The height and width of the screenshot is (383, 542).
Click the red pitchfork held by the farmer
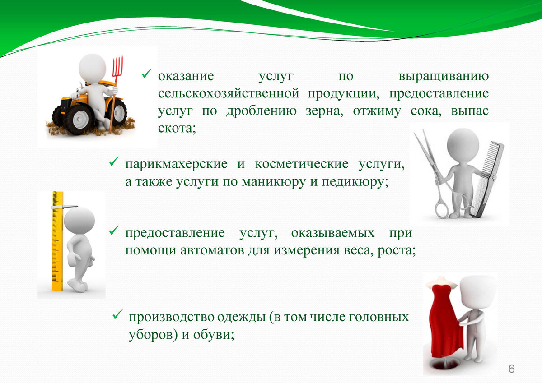(x=116, y=94)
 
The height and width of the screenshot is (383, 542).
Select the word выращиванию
(x=444, y=77)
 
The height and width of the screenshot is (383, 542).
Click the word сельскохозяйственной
(x=229, y=93)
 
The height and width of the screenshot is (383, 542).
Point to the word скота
(x=177, y=128)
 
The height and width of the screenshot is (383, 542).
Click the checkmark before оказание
(x=147, y=74)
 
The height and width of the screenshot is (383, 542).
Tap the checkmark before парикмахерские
(x=114, y=161)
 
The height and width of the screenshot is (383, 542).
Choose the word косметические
(x=302, y=164)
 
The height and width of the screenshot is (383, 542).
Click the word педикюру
(x=355, y=182)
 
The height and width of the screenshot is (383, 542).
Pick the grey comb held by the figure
(x=486, y=179)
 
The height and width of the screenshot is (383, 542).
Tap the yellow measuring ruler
(x=58, y=241)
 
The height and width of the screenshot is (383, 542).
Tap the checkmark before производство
(x=117, y=314)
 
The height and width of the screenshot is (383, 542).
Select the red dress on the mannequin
(x=446, y=321)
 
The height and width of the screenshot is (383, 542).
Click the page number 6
(x=511, y=369)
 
